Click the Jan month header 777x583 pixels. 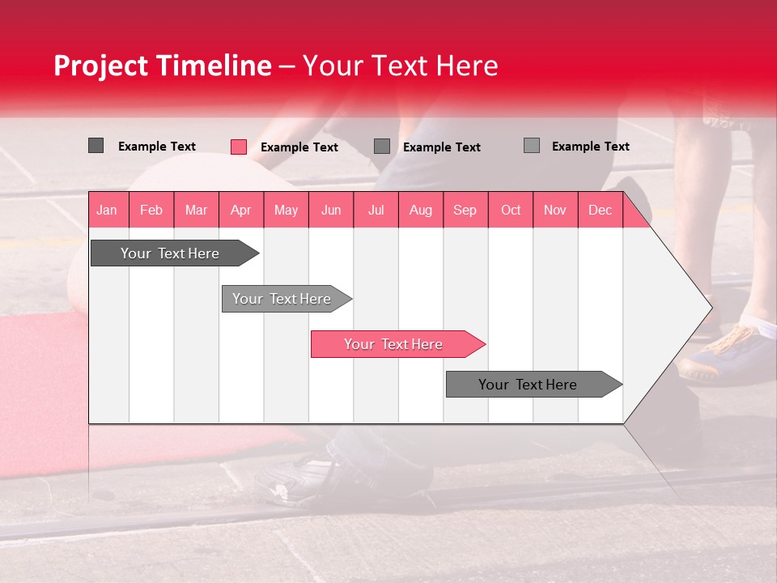(x=107, y=210)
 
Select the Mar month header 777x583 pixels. (x=196, y=210)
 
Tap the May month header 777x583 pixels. (x=286, y=210)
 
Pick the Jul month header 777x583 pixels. (x=376, y=210)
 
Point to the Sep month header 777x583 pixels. (x=465, y=210)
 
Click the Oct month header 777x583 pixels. (x=511, y=210)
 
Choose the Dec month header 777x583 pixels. (x=600, y=210)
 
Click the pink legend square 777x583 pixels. (x=239, y=147)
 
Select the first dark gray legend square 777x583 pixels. (x=96, y=146)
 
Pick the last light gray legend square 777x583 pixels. (x=531, y=146)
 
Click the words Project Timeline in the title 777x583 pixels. (x=162, y=66)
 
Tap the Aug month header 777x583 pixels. (x=420, y=210)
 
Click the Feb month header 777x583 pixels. (x=151, y=210)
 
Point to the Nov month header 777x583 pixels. (x=555, y=210)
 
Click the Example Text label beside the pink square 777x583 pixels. (x=299, y=147)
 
